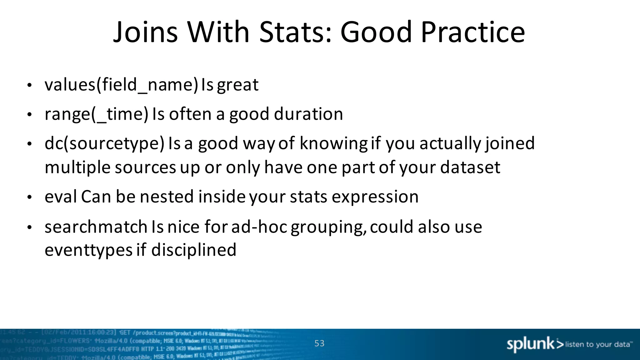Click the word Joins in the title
click(145, 32)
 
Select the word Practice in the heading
click(473, 32)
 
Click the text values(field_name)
click(121, 85)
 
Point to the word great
click(238, 85)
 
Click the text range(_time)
click(96, 114)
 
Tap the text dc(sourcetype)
click(104, 143)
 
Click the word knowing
click(333, 143)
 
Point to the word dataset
click(470, 167)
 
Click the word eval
click(61, 197)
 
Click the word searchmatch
click(96, 227)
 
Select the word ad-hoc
click(259, 227)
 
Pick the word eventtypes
click(88, 250)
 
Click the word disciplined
click(194, 250)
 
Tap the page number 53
click(319, 343)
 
